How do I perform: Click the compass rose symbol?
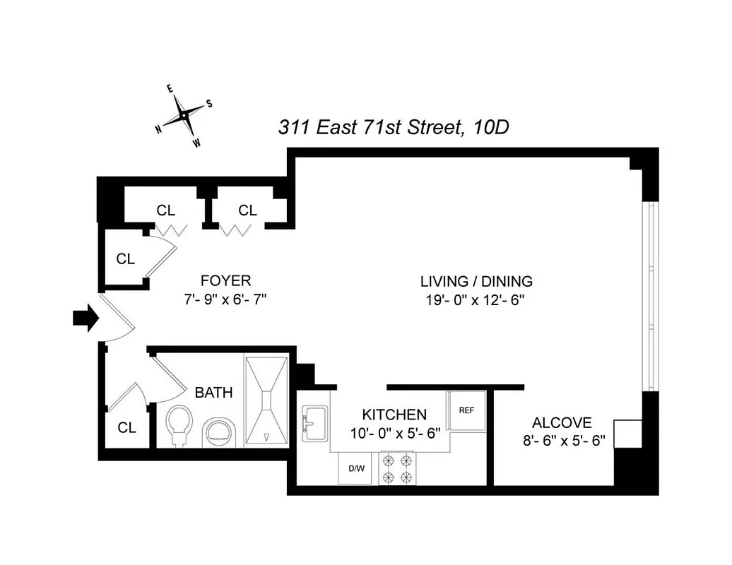[x=184, y=115]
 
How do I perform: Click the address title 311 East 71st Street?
[x=393, y=127]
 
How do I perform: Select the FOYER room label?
[x=225, y=281]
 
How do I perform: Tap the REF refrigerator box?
[x=466, y=410]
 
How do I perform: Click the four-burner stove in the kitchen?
[x=396, y=468]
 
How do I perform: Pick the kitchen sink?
[x=314, y=423]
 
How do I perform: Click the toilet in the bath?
[x=180, y=426]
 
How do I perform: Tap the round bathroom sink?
[x=220, y=431]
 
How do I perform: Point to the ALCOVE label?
[x=562, y=423]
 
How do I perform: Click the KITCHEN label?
[x=394, y=415]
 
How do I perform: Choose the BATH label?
[x=213, y=393]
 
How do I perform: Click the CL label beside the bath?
[x=126, y=427]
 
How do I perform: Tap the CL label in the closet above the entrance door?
[x=125, y=259]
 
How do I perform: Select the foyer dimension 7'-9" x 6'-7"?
[x=225, y=299]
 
